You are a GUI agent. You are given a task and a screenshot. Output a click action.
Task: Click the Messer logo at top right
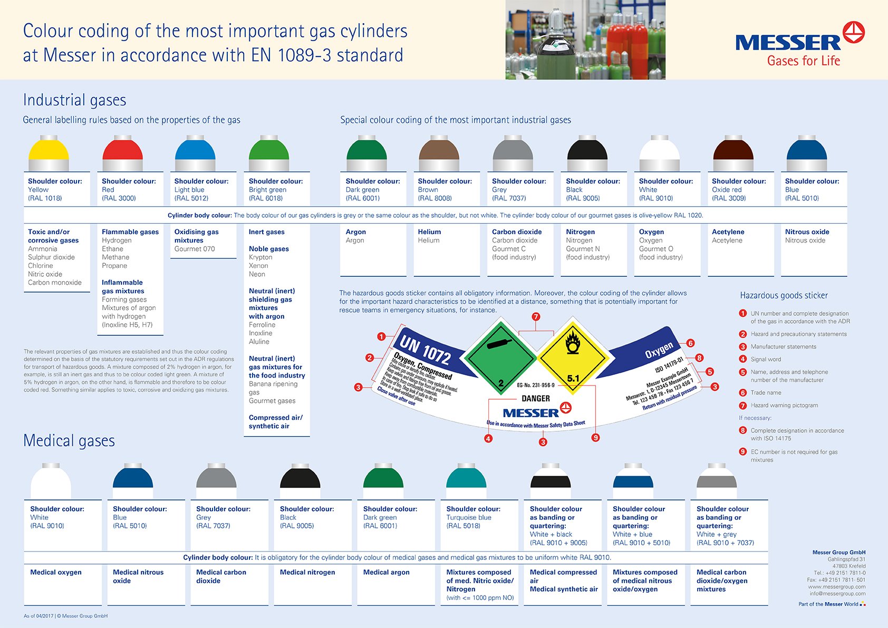coord(799,44)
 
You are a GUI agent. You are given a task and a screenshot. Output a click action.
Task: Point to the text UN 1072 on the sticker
coord(424,349)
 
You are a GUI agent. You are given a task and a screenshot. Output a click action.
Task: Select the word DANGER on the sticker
coord(536,399)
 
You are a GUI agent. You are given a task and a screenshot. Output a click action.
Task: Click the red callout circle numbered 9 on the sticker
coord(595,438)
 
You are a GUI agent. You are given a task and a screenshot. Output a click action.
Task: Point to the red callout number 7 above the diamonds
coord(536,317)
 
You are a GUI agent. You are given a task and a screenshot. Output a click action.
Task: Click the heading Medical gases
coord(69,441)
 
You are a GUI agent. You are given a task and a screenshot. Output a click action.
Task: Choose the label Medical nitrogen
coord(307,572)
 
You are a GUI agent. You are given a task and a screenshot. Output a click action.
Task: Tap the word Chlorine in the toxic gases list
coord(41,266)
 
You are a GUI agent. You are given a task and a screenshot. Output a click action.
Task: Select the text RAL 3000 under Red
coord(119,198)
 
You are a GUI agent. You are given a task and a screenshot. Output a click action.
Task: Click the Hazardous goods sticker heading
coord(784,295)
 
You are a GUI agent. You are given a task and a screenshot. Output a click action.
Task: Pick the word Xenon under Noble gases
coord(258,266)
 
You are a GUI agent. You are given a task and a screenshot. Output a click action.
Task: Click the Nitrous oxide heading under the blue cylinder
coord(807,232)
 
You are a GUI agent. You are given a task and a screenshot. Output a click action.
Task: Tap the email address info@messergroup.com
coord(837,593)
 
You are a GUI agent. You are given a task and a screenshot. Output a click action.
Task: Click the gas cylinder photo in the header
coord(585,40)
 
